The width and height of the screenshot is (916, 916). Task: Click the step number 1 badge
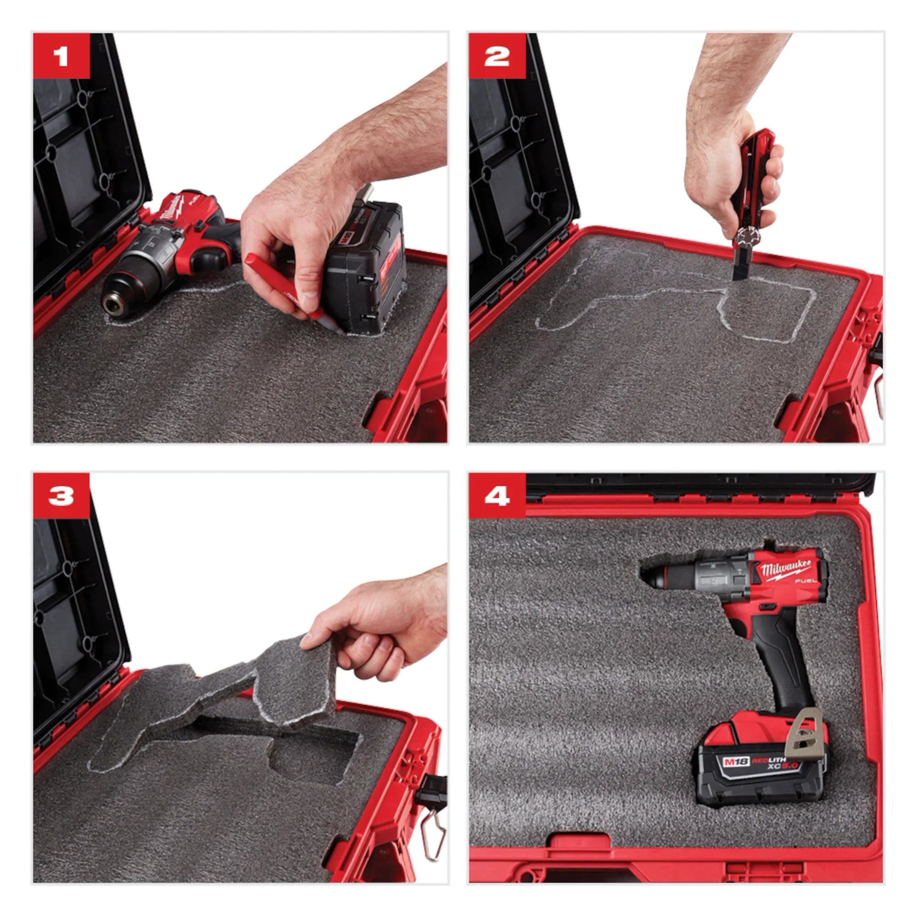[61, 56]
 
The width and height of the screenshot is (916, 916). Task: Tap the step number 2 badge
[497, 56]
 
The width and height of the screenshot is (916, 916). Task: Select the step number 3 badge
[61, 496]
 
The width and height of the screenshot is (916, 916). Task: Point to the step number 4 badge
[497, 496]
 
